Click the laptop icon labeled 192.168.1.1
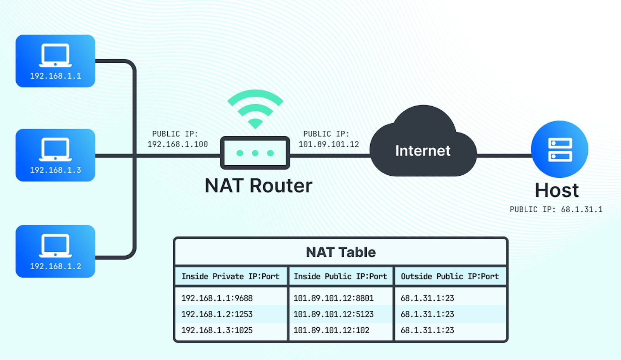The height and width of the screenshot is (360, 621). (55, 55)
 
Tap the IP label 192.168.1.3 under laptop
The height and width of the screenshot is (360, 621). (56, 170)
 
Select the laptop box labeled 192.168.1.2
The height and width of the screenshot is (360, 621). (55, 251)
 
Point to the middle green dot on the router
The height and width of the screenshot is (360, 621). (255, 153)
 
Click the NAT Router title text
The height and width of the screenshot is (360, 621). (258, 186)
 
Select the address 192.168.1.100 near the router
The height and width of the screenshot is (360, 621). (177, 144)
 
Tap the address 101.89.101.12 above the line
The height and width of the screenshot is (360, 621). (329, 144)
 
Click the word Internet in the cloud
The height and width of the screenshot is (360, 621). (423, 151)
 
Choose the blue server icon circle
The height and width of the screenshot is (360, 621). (559, 149)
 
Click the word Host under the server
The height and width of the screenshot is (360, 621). (557, 190)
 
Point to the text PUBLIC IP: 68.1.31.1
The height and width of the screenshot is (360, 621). (556, 209)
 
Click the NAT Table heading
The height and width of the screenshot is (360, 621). (341, 252)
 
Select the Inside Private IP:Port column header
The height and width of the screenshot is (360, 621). (231, 277)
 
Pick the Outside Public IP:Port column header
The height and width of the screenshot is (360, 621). (449, 277)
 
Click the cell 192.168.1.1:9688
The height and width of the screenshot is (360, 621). (217, 298)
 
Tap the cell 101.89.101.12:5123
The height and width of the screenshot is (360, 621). (333, 314)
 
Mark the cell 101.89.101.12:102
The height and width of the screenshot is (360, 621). (331, 330)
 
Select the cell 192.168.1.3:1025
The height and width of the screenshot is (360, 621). (217, 330)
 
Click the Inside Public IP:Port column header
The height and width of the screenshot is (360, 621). (340, 277)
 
